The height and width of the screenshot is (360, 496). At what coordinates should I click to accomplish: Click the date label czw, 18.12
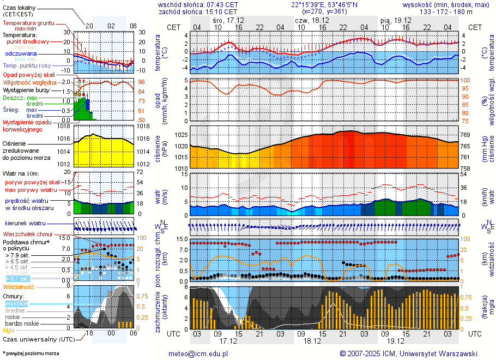pos(311,20)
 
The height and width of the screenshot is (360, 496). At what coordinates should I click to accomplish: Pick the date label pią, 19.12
pos(396,20)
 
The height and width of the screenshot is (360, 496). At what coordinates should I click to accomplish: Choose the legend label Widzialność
pos(19,286)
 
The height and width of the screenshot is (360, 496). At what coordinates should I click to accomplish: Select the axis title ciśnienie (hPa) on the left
pos(161,147)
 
